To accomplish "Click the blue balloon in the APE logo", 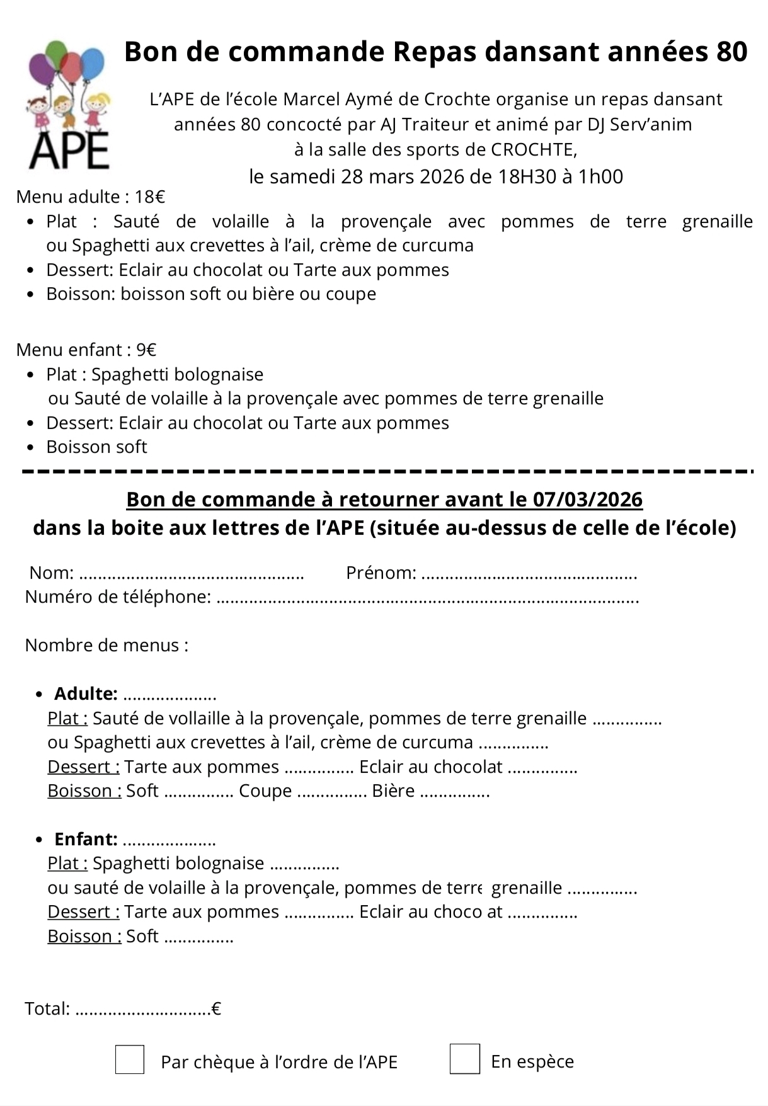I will click(92, 64).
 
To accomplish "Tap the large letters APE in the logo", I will click(69, 149).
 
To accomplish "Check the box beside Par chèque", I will click(130, 1059).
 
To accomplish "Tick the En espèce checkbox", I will click(464, 1059).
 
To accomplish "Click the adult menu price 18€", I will click(150, 197).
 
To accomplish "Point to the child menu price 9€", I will click(147, 350).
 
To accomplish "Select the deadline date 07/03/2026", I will click(588, 499).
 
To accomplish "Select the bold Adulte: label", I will click(86, 694).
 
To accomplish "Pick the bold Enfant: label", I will click(86, 840).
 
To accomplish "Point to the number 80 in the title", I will click(731, 52).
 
